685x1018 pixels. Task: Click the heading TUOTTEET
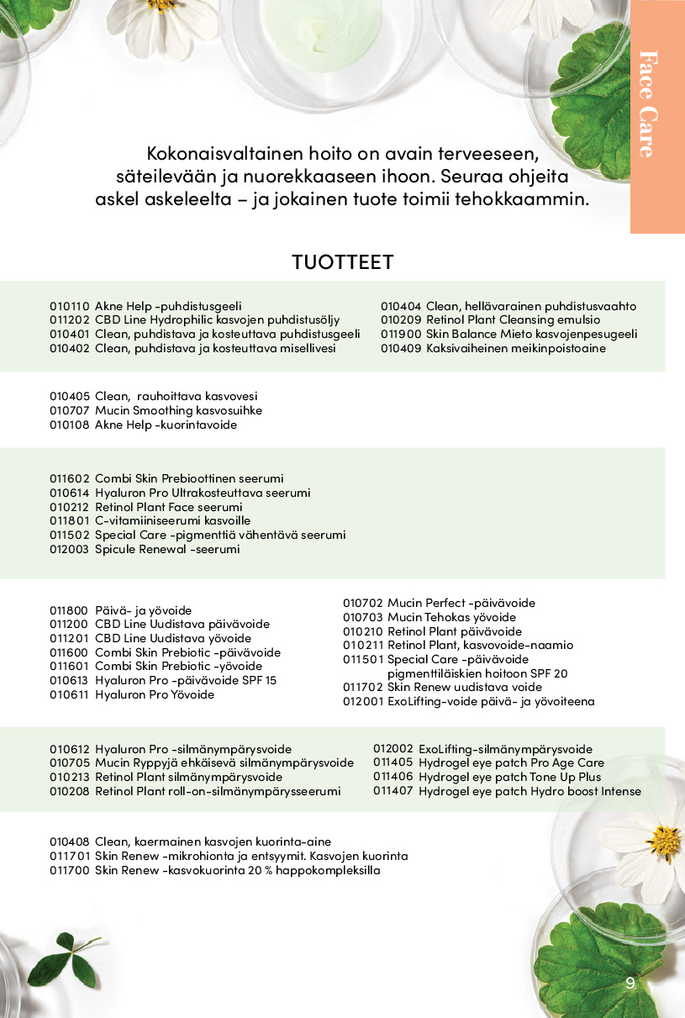point(342,261)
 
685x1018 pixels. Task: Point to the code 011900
point(400,334)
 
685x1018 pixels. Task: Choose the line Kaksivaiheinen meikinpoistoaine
point(515,348)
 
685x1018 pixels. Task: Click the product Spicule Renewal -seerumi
point(167,549)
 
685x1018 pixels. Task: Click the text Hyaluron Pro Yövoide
point(155,694)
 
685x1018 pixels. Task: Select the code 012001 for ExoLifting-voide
point(362,701)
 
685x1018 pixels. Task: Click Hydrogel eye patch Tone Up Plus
point(509,777)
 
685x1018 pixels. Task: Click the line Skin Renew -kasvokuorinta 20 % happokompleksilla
point(237,870)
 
